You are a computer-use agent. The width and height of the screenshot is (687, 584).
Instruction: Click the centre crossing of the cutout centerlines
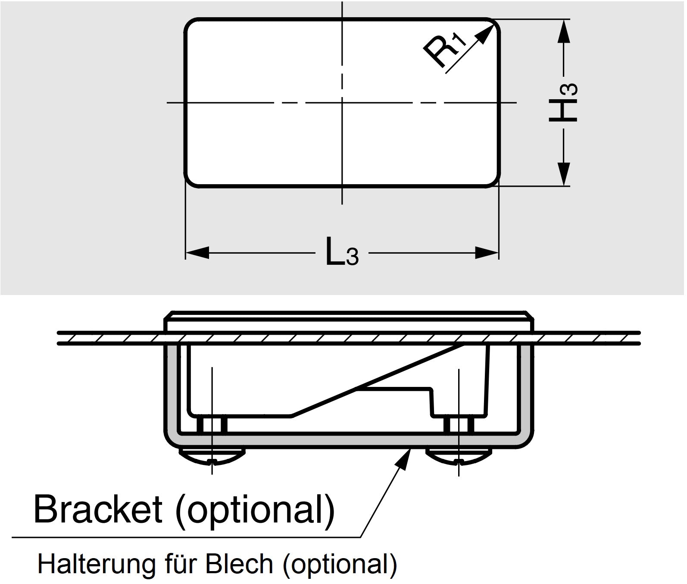click(342, 103)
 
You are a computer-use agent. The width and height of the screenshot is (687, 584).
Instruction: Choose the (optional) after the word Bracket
click(255, 509)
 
